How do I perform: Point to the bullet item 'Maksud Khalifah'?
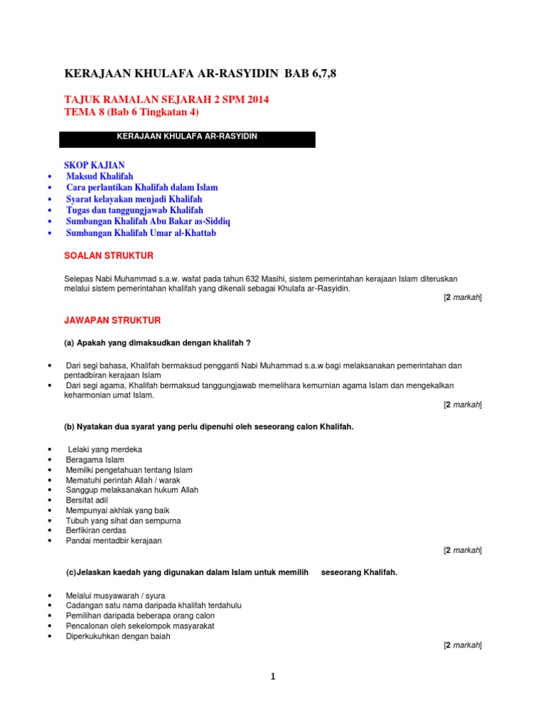(x=100, y=176)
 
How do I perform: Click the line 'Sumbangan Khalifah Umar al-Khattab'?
(x=141, y=233)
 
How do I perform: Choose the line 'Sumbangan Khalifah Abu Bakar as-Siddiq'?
(x=148, y=222)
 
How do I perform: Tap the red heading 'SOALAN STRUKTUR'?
(x=109, y=255)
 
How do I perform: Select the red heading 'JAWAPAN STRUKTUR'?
(x=112, y=321)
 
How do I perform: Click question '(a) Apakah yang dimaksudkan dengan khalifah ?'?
(x=157, y=343)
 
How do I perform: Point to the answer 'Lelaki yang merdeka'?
(x=105, y=450)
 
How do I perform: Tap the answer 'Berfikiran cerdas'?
(x=96, y=530)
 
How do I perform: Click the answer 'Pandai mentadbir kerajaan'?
(x=114, y=541)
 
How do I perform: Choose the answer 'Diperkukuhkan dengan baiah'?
(x=118, y=636)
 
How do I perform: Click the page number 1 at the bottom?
(x=272, y=677)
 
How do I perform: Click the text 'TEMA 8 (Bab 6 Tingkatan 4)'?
(x=132, y=112)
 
